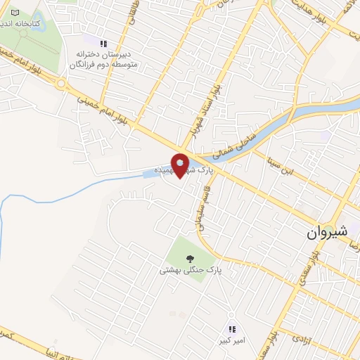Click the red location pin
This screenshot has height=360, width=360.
coord(180,165)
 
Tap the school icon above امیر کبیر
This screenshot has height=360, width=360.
coord(232,328)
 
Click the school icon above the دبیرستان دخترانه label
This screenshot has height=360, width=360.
coord(105,43)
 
